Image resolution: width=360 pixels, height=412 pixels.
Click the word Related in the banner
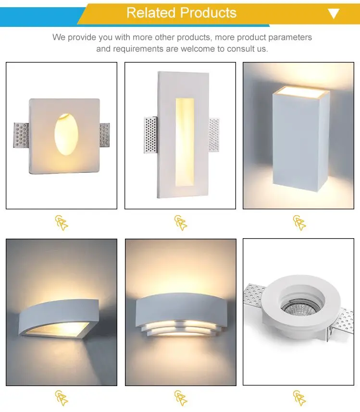pos(151,12)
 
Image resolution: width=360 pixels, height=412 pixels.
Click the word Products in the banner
pos(209,12)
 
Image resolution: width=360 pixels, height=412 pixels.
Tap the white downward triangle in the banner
pos(334,13)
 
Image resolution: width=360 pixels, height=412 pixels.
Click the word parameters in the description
pos(290,37)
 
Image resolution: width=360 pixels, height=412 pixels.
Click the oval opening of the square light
pos(66,134)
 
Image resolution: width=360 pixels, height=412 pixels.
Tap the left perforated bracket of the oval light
pos(21,135)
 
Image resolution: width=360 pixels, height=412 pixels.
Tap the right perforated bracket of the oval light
pos(105,135)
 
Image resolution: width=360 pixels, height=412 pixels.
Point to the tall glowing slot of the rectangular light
pos(185,142)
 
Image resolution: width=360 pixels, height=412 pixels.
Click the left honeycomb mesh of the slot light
pos(151,135)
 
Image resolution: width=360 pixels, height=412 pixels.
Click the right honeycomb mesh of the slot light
pos(214,135)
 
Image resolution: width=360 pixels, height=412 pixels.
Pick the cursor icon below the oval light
pos(62,223)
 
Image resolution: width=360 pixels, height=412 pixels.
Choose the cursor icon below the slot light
pos(181,223)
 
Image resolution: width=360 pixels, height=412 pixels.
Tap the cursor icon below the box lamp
pos(299,223)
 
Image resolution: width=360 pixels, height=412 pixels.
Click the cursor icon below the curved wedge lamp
pos(62,398)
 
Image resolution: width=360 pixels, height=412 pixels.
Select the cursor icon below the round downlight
pos(299,398)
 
